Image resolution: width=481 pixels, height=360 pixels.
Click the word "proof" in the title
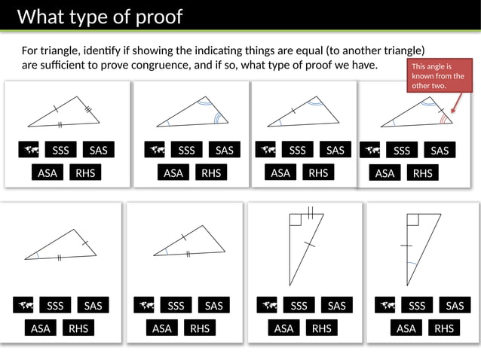pos(156,17)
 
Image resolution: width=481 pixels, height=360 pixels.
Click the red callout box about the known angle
pos(437,76)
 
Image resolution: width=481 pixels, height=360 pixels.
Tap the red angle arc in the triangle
pos(446,118)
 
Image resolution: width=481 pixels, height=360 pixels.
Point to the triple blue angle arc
pos(219,117)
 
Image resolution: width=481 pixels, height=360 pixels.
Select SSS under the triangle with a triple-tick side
pos(60,150)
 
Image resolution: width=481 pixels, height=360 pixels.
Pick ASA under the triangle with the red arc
pos(384,173)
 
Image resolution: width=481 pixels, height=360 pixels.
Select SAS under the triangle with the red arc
pos(440,151)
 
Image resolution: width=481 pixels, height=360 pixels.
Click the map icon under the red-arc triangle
pos(369,151)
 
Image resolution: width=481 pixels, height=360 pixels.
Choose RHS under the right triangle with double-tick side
pos(321,328)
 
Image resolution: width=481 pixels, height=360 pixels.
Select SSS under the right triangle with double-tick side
pos(299,305)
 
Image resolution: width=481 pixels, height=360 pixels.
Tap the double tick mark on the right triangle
pos(310,212)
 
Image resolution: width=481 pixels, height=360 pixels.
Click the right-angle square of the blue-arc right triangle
pos(412,219)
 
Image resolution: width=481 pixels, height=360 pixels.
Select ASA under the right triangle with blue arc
pos(406,328)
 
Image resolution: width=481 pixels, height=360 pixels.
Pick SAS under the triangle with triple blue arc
pos(224,150)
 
